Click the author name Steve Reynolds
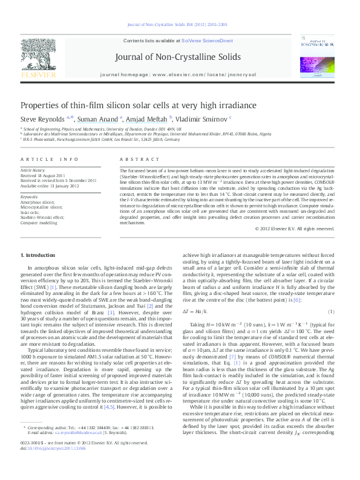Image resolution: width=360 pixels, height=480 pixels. pos(46,120)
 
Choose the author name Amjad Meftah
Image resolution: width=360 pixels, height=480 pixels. pos(148,120)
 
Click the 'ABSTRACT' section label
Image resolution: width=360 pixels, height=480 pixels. pos(137,158)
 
